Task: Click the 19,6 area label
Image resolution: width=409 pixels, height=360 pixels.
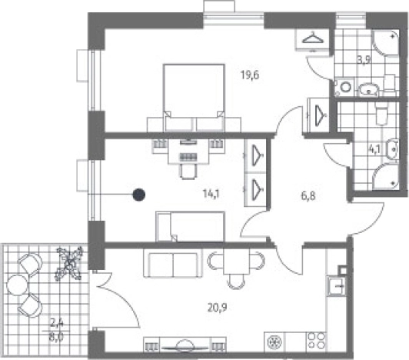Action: coord(250,75)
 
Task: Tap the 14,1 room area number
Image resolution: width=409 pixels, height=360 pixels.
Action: coord(211,194)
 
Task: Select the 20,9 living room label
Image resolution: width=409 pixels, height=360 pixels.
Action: coord(218,308)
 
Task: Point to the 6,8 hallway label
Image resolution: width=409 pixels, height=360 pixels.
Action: coord(308,196)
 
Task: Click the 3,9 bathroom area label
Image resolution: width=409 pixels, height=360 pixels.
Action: coord(364,61)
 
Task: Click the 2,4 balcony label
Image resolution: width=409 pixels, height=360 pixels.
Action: coord(57,324)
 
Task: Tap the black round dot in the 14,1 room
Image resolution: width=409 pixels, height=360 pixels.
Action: coord(139,195)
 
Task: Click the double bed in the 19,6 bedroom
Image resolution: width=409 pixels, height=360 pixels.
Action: coord(194,98)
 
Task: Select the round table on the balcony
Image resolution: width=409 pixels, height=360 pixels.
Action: coord(17,285)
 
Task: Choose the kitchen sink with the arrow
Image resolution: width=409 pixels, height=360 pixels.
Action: coord(337,286)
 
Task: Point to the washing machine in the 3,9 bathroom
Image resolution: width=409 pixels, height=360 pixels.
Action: coord(344,87)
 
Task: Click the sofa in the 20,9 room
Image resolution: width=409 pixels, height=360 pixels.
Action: coord(173,265)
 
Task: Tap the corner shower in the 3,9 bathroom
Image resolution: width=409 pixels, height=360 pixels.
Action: coord(386,43)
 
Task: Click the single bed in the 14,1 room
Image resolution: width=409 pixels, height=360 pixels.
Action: coord(190,227)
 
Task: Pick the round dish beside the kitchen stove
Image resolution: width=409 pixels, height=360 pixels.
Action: coord(275,342)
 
